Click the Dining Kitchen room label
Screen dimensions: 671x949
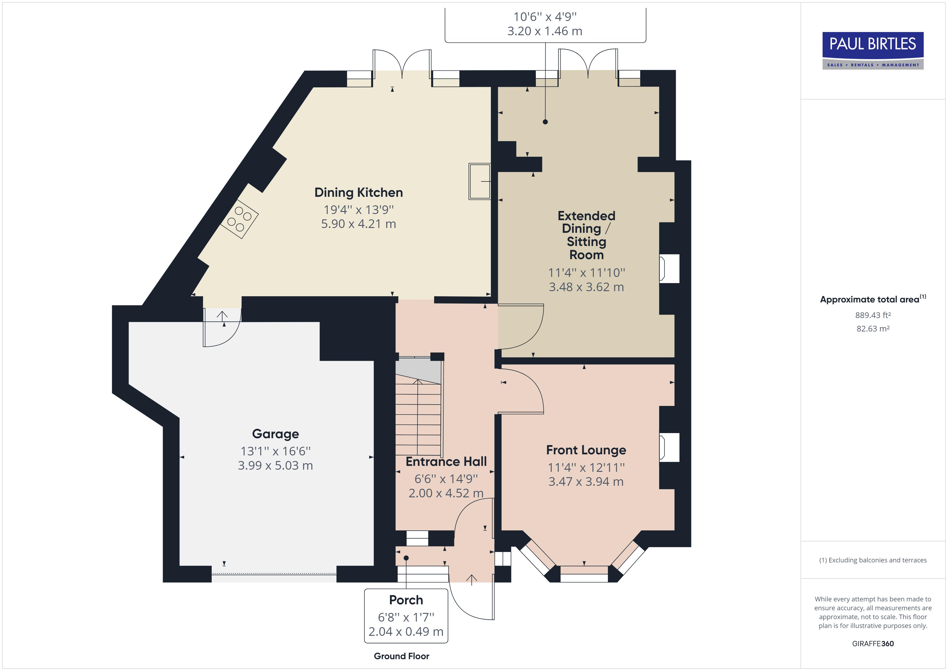point(358,192)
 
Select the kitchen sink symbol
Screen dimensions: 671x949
point(479,181)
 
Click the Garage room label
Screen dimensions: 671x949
point(275,434)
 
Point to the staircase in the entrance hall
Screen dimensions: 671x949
point(418,417)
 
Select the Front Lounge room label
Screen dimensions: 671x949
point(586,450)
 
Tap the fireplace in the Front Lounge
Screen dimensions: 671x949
point(669,447)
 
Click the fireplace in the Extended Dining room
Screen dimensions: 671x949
point(669,269)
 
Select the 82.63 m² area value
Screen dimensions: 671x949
point(873,329)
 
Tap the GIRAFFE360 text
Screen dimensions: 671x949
point(873,643)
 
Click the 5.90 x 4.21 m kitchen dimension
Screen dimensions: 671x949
point(358,224)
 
